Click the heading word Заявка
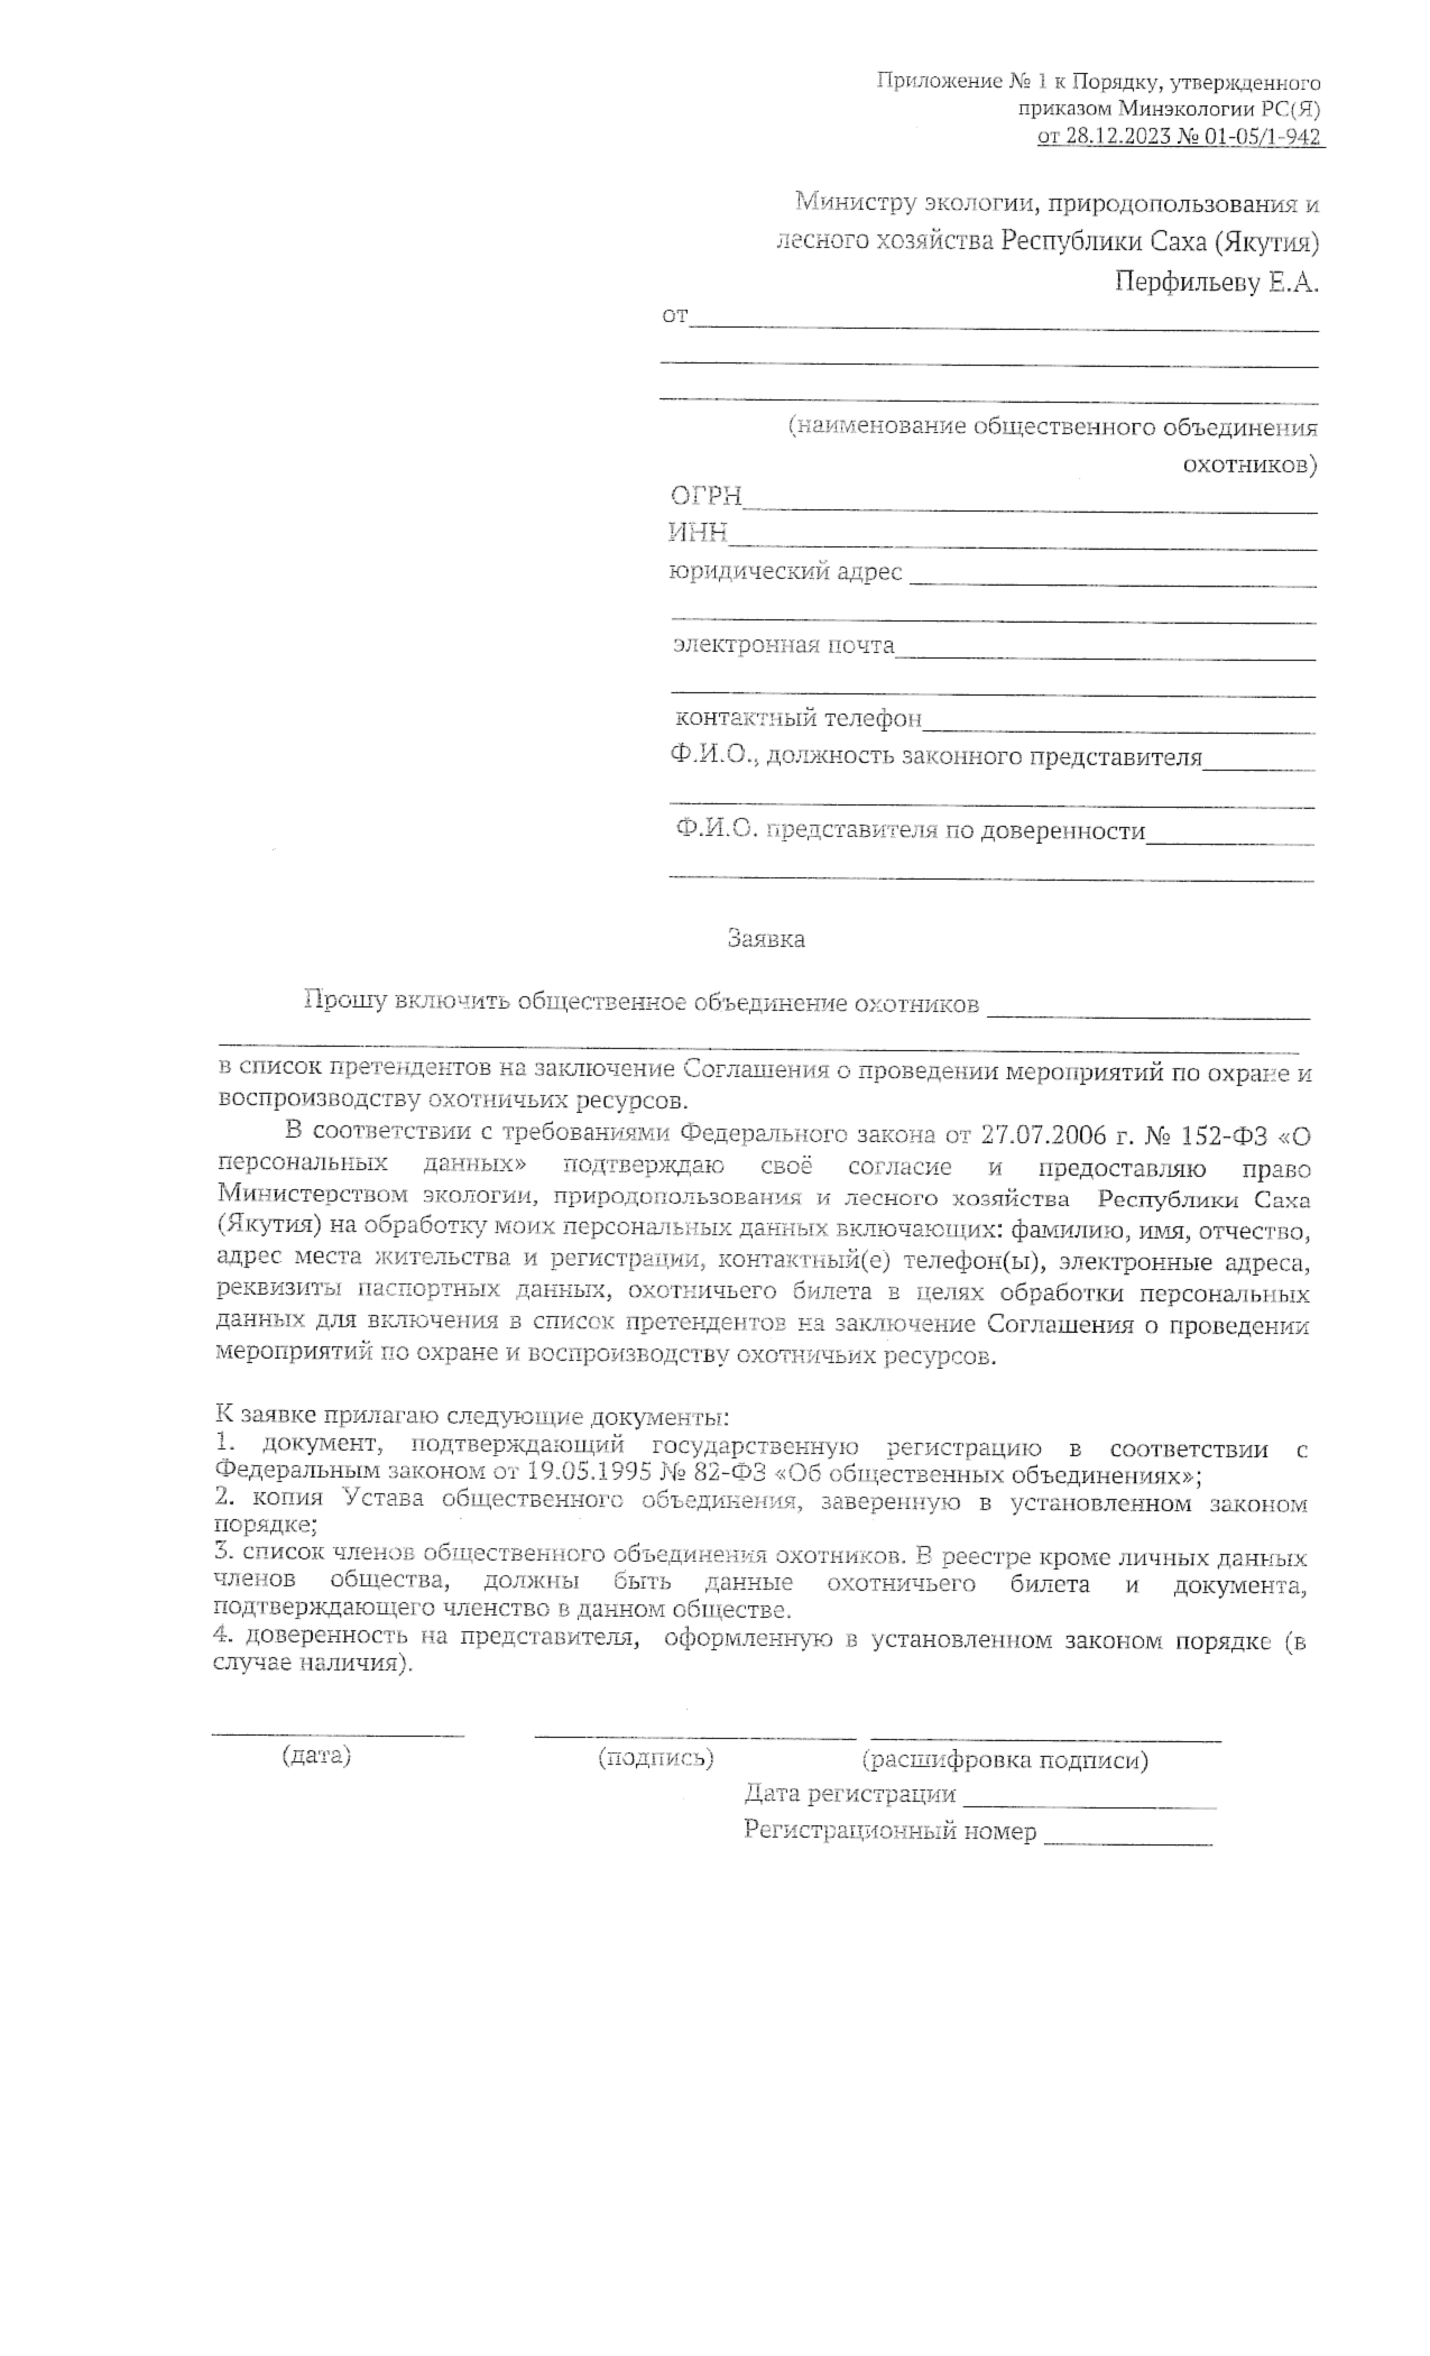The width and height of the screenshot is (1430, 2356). coord(766,939)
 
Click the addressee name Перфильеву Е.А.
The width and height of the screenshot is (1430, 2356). coord(1216,282)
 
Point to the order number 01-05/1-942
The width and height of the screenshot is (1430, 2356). coord(1262,137)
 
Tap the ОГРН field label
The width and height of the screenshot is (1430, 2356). coord(705,495)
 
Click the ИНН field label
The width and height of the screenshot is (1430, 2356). coord(698,532)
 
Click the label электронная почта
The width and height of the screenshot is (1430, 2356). coord(784,645)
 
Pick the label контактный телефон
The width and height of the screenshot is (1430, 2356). coord(798,718)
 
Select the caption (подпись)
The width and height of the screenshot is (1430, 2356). coord(656,1757)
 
